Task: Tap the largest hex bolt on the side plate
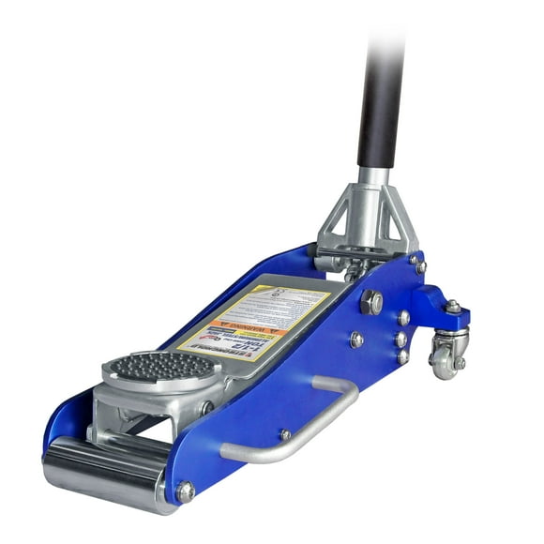tap(372, 302)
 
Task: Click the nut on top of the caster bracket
tap(453, 306)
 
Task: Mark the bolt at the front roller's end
tap(185, 491)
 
